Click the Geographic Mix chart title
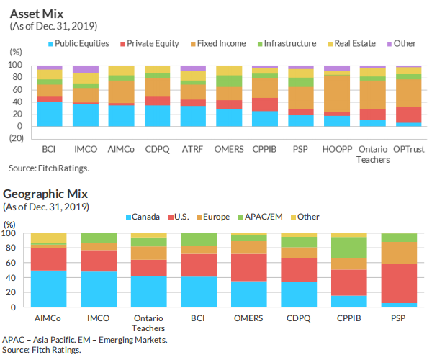(x=46, y=194)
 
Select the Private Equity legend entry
(x=153, y=43)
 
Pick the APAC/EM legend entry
(x=264, y=217)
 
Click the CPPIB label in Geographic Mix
(x=348, y=318)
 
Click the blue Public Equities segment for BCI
(x=50, y=114)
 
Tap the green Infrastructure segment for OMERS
(x=229, y=81)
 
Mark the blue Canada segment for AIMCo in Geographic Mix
(x=49, y=289)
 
